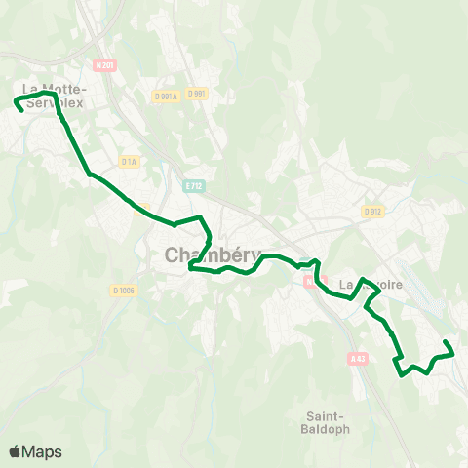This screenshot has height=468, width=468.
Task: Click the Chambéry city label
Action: (x=201, y=255)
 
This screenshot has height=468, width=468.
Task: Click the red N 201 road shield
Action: (x=105, y=64)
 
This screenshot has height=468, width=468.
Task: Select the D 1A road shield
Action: (x=129, y=161)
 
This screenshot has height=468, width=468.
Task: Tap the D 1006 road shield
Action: (x=124, y=290)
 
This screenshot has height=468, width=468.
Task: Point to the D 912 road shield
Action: (x=371, y=211)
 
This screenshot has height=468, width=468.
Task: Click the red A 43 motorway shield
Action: (x=357, y=360)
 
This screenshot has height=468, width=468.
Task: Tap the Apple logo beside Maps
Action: (x=15, y=451)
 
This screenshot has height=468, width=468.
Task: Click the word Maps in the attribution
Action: (x=42, y=451)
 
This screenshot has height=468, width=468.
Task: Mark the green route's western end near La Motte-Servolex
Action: (x=21, y=110)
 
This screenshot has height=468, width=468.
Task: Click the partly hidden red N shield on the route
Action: (x=308, y=280)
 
